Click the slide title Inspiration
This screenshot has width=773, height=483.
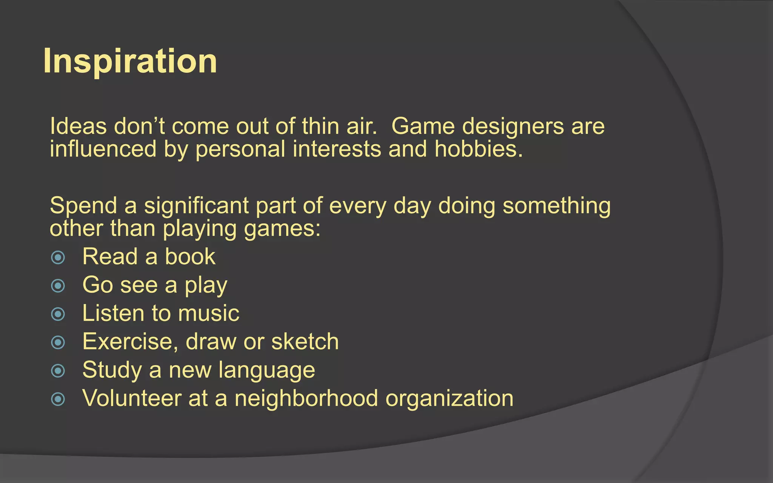(x=130, y=61)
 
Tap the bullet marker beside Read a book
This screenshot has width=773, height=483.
(x=58, y=258)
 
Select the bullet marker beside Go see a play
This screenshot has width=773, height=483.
(x=58, y=286)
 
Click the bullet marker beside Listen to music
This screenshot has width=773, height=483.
(x=58, y=314)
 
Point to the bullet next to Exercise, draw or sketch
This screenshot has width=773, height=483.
(x=58, y=343)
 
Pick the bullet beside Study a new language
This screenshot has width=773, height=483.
(x=58, y=371)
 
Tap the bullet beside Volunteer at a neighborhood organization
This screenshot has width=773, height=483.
(x=58, y=399)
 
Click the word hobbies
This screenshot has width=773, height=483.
(x=478, y=149)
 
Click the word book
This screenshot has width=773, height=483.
(x=190, y=257)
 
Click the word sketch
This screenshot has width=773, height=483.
(x=305, y=342)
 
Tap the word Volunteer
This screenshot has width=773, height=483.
(x=132, y=398)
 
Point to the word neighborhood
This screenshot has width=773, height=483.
(x=306, y=398)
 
